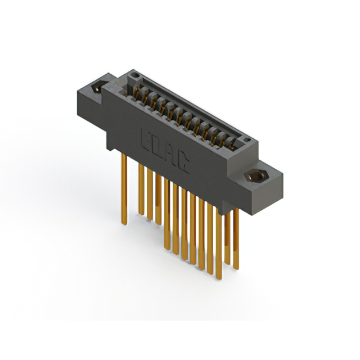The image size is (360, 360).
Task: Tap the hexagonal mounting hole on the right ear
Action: (x=256, y=176)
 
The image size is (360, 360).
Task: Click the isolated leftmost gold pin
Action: (x=124, y=189)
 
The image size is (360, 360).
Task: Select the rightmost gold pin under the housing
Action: (x=236, y=238)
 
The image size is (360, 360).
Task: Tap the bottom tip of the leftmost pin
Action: (x=124, y=224)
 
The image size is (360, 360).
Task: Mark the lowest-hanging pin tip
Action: (x=219, y=278)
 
